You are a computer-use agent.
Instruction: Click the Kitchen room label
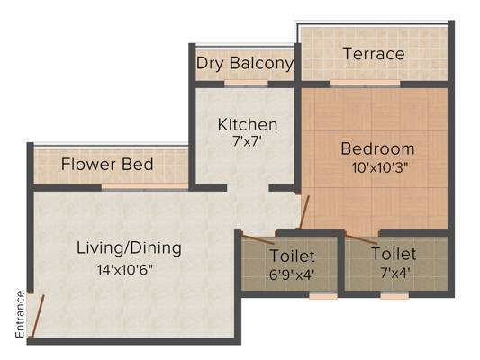[x=248, y=125]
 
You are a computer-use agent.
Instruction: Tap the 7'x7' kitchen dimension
[x=248, y=141]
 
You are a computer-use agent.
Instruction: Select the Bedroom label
[x=377, y=149]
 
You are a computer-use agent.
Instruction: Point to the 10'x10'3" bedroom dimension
[x=380, y=167]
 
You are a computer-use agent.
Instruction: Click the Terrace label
[x=374, y=54]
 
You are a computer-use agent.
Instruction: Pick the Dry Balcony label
[x=245, y=64]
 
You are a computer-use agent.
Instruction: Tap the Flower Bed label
[x=107, y=164]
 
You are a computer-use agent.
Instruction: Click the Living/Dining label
[x=129, y=248]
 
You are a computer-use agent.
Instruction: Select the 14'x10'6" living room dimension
[x=125, y=270]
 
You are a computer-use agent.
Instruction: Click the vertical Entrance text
[x=20, y=314]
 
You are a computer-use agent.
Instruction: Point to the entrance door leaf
[x=38, y=316]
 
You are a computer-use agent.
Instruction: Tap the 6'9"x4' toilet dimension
[x=292, y=274]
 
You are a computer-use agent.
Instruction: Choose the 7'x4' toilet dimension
[x=395, y=273]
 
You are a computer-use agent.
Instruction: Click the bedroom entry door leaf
[x=304, y=212]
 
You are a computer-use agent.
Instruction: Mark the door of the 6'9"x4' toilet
[x=258, y=238]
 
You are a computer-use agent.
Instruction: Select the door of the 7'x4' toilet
[x=361, y=238]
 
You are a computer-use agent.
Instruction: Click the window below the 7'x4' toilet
[x=394, y=295]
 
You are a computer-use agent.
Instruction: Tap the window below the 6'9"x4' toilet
[x=323, y=295]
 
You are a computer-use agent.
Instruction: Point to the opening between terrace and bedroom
[x=365, y=83]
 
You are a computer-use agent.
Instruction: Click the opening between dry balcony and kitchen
[x=247, y=84]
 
